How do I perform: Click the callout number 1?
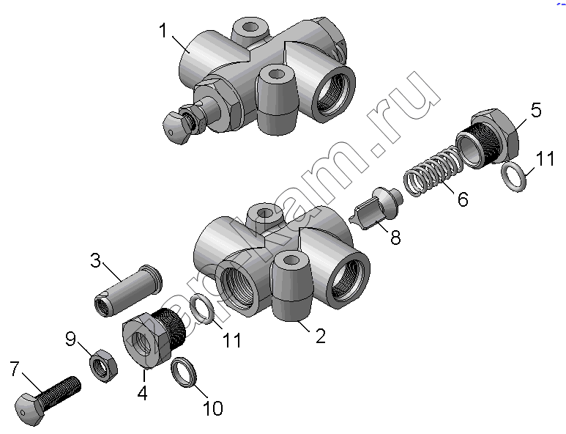point(163,30)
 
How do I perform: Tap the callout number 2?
point(320,336)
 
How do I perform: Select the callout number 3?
point(96,260)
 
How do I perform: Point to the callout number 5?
point(536,110)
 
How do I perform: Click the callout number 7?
point(14,369)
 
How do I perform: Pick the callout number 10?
point(213,408)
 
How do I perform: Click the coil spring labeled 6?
point(433,171)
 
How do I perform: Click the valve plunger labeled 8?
point(376,207)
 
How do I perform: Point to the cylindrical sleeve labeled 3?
point(128,291)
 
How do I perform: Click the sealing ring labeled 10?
point(184,372)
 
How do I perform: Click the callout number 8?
point(395,238)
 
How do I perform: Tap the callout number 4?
point(143,393)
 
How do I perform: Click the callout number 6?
point(463,199)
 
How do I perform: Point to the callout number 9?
point(71,339)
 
